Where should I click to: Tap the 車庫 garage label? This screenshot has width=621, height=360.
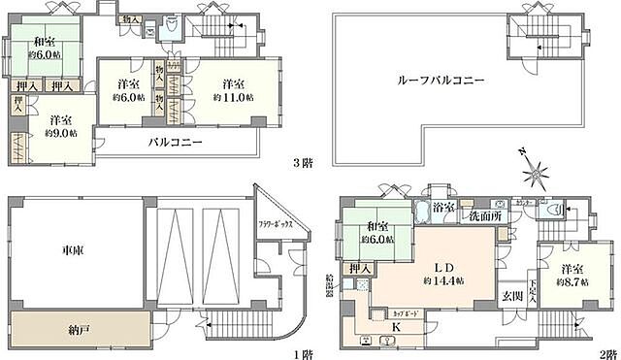(x=58, y=248)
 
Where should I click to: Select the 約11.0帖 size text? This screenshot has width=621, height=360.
(x=234, y=97)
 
